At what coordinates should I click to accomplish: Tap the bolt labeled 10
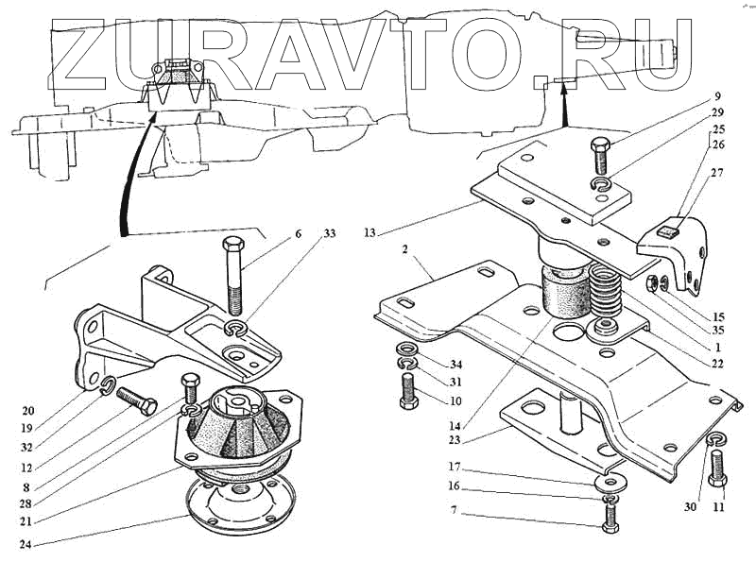(x=407, y=389)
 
